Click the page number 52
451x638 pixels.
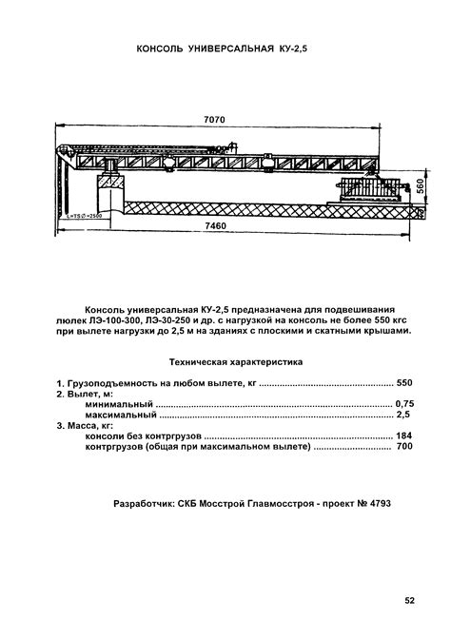click(409, 600)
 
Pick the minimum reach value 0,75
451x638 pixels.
click(404, 403)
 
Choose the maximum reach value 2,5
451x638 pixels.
click(404, 415)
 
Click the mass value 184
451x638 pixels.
click(404, 436)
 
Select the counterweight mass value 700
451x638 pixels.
click(404, 448)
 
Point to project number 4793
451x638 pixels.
click(377, 501)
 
